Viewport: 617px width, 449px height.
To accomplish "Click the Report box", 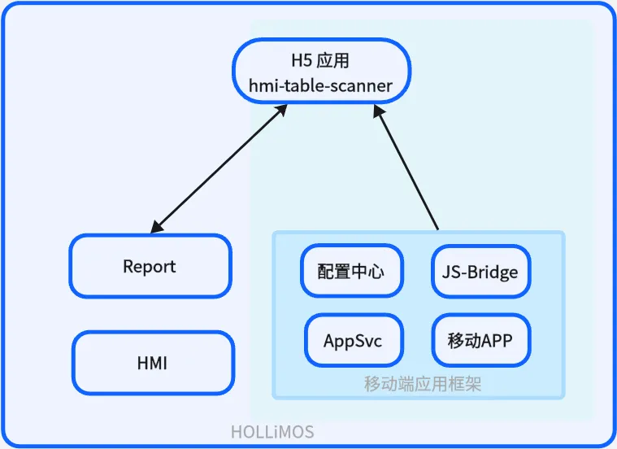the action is point(150,266).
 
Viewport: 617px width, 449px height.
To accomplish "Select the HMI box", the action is point(153,363).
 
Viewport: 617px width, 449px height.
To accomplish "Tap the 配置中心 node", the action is point(352,271).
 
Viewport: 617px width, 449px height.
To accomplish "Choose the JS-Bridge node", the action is point(481,272).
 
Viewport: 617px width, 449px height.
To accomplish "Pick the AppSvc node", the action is point(354,341).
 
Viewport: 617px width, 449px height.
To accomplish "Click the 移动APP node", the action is point(481,341).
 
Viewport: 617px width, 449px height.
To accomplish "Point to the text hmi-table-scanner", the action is point(321,86).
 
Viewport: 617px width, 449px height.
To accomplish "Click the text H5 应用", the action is point(320,61).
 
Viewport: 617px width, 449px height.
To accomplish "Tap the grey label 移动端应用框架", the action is point(422,384).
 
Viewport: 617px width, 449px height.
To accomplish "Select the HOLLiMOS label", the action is point(272,432).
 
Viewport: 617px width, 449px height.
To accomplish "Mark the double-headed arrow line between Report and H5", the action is point(219,169).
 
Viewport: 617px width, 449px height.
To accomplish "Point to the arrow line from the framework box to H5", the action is point(406,168).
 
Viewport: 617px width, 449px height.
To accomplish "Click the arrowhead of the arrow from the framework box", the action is point(378,112).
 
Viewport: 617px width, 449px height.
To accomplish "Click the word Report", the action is point(150,267).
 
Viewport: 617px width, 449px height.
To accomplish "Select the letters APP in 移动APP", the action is point(496,341).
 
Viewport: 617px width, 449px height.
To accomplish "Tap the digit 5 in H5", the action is point(307,61).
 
